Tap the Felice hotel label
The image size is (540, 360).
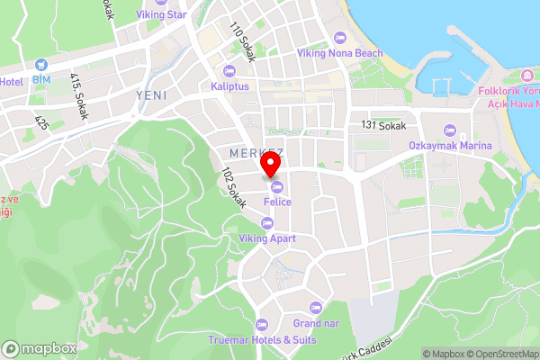(x=277, y=202)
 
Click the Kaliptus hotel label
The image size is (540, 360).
(x=229, y=85)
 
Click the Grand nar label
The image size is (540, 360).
(x=313, y=322)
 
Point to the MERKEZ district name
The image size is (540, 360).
(x=256, y=153)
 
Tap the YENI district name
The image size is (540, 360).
(x=152, y=94)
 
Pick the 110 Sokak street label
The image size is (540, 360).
(x=244, y=42)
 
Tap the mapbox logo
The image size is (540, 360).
(x=40, y=348)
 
